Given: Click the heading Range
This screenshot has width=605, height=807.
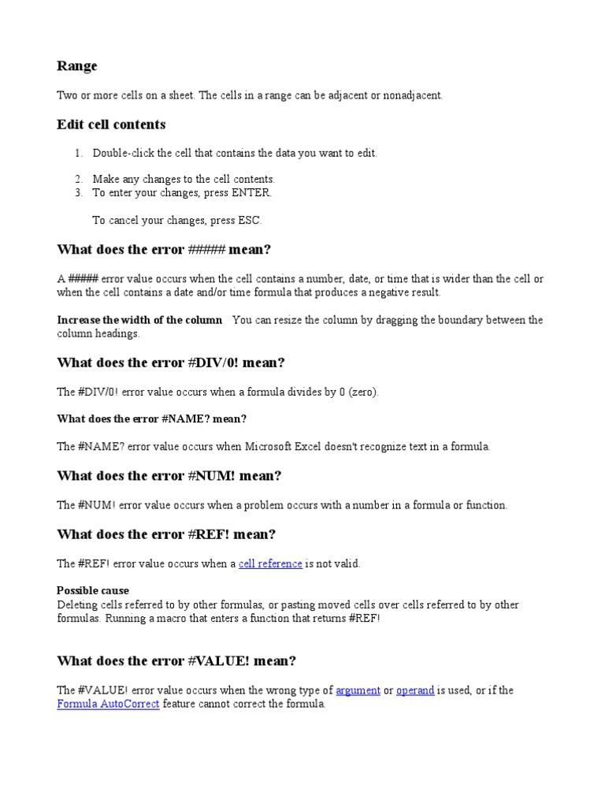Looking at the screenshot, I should click(76, 66).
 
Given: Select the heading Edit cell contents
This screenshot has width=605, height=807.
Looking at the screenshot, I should click(111, 125).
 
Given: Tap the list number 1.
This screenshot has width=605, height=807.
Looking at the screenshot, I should click(78, 153).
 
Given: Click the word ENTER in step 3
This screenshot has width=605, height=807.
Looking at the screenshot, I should click(251, 192).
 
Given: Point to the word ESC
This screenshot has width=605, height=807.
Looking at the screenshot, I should click(250, 220).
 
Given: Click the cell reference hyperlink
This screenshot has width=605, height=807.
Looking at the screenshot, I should click(270, 563).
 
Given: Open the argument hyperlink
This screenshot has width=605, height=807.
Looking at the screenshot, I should click(358, 690).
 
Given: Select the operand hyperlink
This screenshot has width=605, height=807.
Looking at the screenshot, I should click(415, 690).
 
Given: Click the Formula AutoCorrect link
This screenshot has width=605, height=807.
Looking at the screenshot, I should click(108, 704).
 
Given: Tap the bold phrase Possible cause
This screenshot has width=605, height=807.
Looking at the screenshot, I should click(93, 590).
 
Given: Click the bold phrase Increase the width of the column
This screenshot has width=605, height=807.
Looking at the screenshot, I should click(139, 320).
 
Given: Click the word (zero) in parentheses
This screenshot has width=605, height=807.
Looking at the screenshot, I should click(362, 392).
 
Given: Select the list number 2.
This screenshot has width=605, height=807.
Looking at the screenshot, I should click(78, 179).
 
